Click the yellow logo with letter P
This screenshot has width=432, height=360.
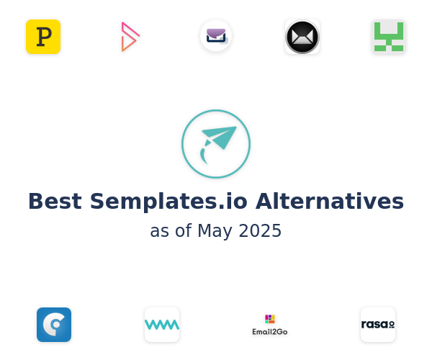[43, 37]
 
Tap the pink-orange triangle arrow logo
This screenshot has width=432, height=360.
[130, 37]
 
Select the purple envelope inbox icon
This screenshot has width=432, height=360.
[216, 36]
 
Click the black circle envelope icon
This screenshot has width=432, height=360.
[302, 37]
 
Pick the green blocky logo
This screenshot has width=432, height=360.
[389, 37]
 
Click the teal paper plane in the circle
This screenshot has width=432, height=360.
[220, 138]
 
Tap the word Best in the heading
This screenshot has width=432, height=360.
[55, 201]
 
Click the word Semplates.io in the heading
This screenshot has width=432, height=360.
[168, 202]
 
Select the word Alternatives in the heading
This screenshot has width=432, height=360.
[330, 201]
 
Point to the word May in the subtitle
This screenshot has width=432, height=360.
[215, 231]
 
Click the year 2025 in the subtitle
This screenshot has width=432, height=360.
[260, 230]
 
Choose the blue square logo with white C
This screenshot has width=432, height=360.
[54, 325]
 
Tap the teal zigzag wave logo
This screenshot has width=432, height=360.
[162, 325]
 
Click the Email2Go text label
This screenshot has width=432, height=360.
[270, 332]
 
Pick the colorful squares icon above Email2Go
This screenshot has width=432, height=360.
[270, 319]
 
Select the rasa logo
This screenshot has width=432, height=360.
[378, 325]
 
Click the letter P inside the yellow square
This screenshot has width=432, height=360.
[44, 37]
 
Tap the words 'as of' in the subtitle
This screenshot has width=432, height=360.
[171, 231]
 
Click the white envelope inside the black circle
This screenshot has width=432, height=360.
[302, 37]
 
